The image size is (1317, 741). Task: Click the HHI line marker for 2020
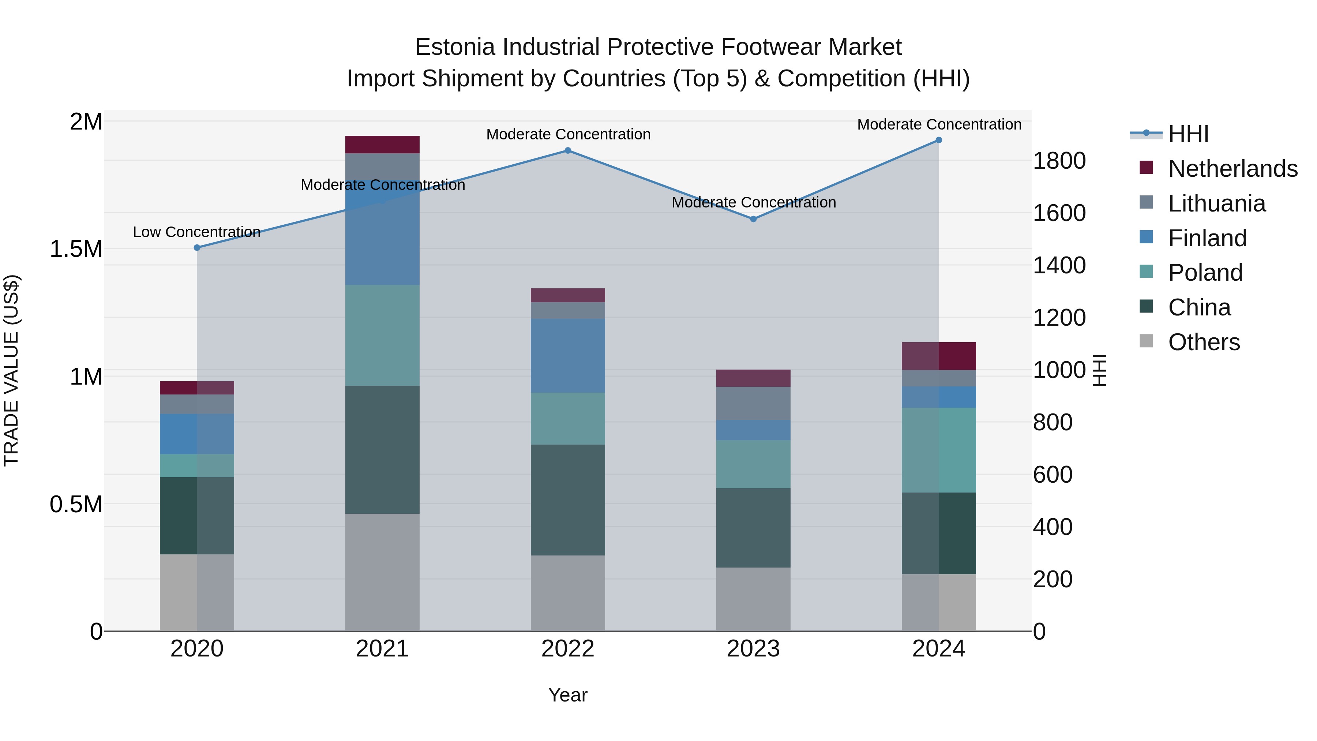coord(197,247)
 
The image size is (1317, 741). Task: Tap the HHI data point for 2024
coord(939,140)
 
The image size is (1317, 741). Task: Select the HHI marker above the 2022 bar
coord(567,151)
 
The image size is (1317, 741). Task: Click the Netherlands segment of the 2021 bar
coord(382,145)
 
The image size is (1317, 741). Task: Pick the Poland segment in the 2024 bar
coord(939,450)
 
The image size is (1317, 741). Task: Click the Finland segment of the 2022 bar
coord(567,356)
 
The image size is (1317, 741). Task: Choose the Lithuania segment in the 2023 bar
coord(753,404)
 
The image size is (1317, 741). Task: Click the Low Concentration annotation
coord(197,232)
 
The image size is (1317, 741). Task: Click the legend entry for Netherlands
coord(1232,169)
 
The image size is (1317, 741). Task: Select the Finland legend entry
coord(1207,238)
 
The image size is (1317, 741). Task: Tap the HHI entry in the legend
coord(1188,134)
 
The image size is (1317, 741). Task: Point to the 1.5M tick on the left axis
coord(76,249)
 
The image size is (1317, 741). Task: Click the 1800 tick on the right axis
coord(1059,161)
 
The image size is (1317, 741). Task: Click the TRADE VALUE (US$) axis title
coord(12,370)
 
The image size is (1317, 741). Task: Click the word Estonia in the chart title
coord(455,47)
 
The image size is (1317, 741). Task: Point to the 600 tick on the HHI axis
coord(1053,475)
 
